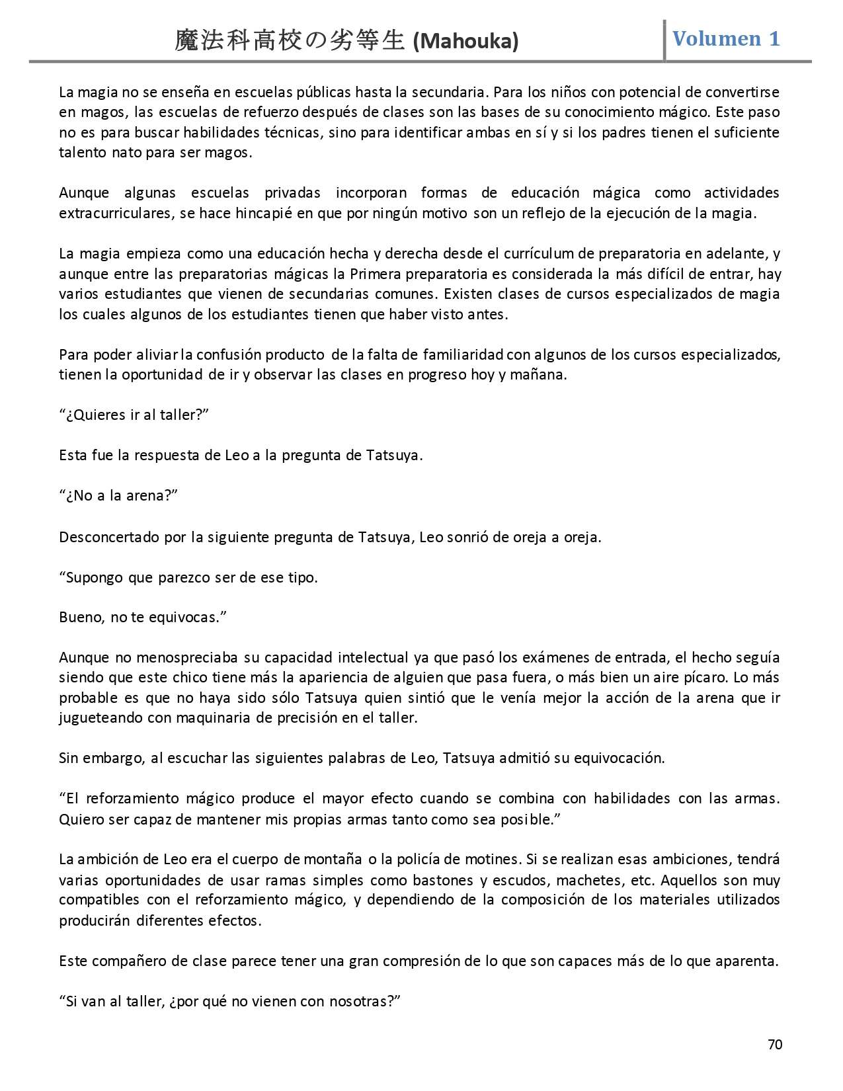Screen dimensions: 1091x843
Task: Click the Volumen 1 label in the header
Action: point(726,38)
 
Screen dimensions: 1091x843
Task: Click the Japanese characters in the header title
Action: point(289,41)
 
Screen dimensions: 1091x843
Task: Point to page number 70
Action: point(775,1045)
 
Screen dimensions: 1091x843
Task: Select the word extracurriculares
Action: point(116,214)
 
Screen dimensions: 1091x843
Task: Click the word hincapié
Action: point(264,214)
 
